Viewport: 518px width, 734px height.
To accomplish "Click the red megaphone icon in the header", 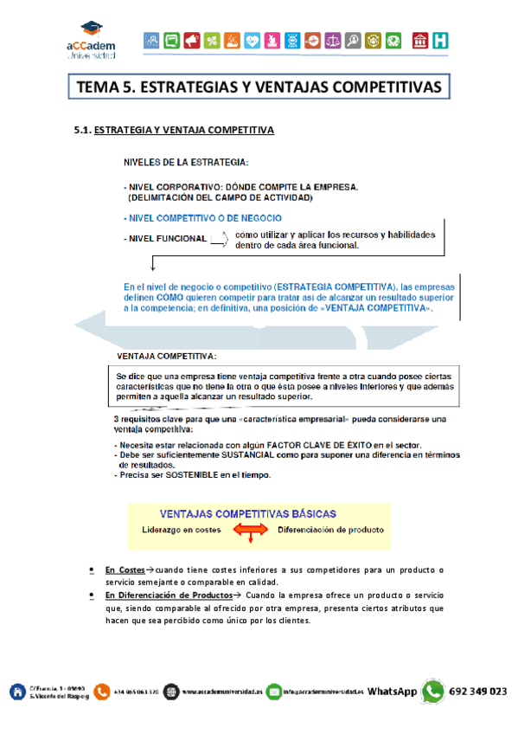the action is pyautogui.click(x=191, y=40).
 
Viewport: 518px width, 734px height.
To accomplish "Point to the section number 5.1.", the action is pyautogui.click(x=82, y=131).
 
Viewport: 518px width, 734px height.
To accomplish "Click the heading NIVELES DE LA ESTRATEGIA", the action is pyautogui.click(x=185, y=162).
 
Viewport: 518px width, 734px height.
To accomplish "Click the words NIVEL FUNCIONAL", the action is pyautogui.click(x=168, y=239).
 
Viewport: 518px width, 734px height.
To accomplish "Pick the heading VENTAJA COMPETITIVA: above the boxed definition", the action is pyautogui.click(x=166, y=356).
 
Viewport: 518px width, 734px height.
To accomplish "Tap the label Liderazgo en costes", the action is pyautogui.click(x=182, y=529).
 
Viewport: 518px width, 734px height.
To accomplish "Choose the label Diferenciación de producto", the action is pyautogui.click(x=330, y=529).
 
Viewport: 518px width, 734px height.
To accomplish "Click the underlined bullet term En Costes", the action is pyautogui.click(x=125, y=570).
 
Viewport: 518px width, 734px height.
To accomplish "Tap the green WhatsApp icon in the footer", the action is pyautogui.click(x=432, y=692).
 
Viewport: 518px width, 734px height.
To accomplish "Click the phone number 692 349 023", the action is pyautogui.click(x=479, y=692).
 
